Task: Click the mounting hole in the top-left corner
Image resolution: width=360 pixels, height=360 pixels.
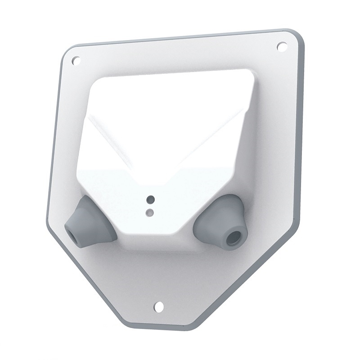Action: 76,59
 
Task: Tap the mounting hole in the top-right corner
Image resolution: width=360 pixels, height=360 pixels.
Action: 282,46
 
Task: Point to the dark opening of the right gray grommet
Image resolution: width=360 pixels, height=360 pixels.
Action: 234,238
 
